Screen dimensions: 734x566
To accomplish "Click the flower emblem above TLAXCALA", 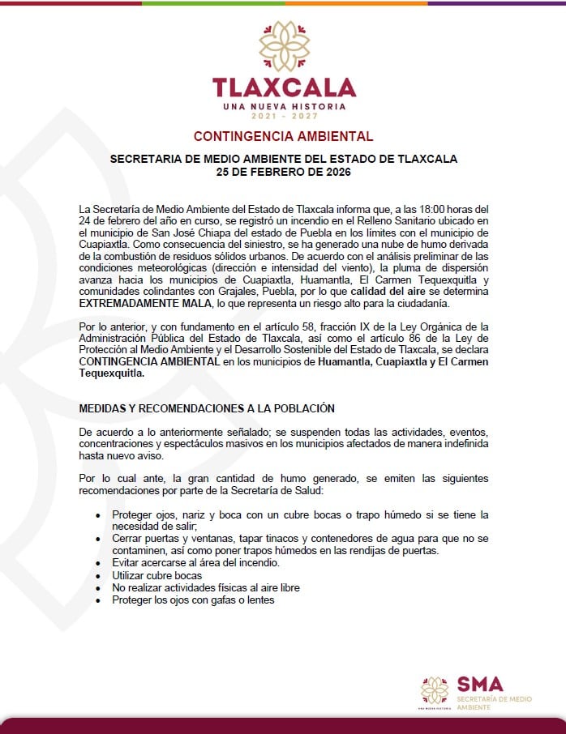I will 283,47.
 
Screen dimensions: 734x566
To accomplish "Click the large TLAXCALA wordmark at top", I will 284,87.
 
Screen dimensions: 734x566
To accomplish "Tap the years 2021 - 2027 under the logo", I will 284,117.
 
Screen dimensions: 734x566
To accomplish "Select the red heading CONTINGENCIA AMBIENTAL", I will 283,136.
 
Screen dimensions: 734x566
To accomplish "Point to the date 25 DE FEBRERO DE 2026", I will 283,172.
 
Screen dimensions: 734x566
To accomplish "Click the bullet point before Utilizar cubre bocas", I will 98,574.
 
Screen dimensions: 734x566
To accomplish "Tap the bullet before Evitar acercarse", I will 98,563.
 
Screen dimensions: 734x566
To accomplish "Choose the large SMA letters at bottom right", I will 480,684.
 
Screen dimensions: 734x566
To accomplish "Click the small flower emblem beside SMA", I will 435,690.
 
